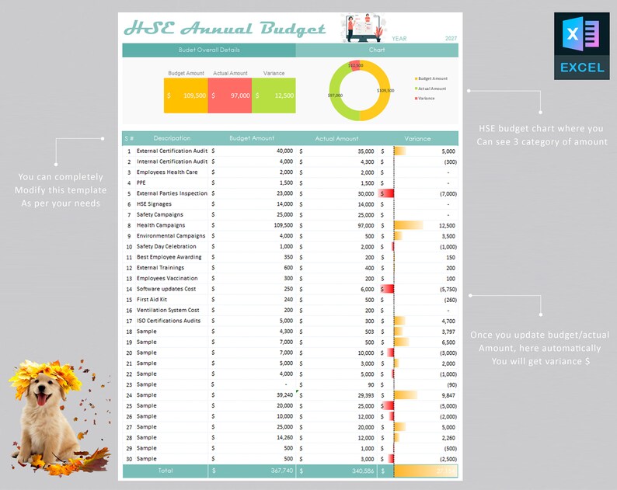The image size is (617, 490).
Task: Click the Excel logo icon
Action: [581, 46]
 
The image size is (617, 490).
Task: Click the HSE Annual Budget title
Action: [225, 29]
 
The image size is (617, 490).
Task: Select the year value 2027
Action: [451, 38]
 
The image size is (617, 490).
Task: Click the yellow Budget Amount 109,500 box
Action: [186, 96]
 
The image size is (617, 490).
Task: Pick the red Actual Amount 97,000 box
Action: [229, 96]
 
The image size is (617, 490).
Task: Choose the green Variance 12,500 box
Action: [274, 96]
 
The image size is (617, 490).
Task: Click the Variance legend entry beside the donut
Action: [426, 99]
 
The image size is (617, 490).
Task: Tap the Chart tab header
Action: [377, 50]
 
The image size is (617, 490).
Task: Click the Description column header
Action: [172, 138]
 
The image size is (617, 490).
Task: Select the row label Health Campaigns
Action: [160, 225]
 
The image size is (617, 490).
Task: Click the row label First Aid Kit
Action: [152, 300]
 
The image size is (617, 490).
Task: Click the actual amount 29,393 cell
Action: [364, 395]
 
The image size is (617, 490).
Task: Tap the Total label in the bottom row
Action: [166, 471]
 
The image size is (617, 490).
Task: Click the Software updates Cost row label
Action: [167, 289]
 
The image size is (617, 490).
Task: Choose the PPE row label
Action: [141, 182]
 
